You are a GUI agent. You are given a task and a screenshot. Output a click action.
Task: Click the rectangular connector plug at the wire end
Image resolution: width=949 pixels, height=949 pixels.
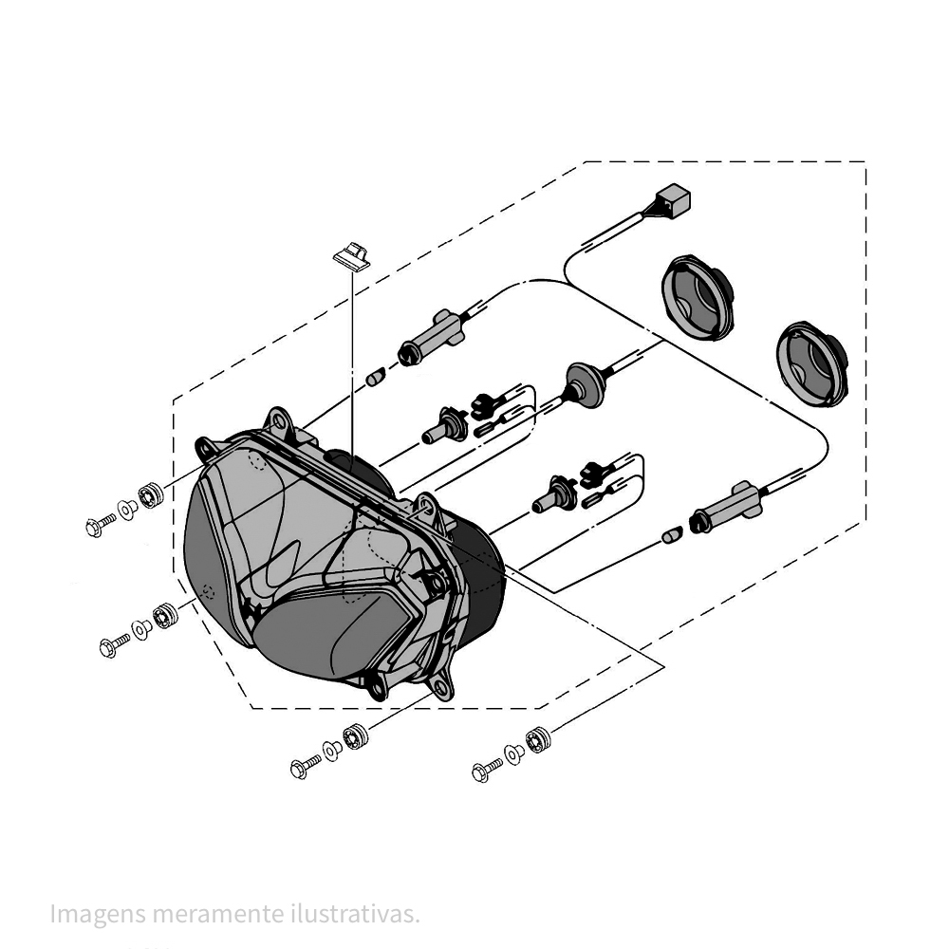[x=674, y=201]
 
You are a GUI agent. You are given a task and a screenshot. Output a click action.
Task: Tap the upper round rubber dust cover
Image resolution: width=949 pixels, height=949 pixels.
[x=698, y=297]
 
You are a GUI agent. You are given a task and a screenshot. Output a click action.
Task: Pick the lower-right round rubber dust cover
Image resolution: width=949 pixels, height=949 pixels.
[x=812, y=363]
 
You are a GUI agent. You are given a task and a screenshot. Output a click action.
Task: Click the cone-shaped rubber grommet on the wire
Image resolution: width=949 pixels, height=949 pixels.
[x=584, y=384]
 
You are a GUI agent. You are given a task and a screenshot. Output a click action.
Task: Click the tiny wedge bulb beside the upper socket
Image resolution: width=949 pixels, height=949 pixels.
[x=374, y=378]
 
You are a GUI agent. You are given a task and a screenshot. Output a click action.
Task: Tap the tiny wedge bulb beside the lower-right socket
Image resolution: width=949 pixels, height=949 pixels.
[x=671, y=537]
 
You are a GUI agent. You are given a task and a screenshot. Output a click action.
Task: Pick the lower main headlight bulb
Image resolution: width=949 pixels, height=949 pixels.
[x=555, y=494]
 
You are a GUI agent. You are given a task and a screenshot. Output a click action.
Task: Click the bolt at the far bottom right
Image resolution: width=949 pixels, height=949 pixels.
[x=487, y=771]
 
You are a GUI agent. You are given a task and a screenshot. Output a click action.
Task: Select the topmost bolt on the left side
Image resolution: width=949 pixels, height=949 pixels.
[x=99, y=525]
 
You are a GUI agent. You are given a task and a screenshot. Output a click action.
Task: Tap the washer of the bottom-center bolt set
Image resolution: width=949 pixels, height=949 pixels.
[x=332, y=750]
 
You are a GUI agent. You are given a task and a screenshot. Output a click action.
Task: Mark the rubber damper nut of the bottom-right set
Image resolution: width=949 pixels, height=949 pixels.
[x=538, y=738]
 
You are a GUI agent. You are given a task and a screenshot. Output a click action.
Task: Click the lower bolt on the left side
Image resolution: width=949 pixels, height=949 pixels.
[x=113, y=645]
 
